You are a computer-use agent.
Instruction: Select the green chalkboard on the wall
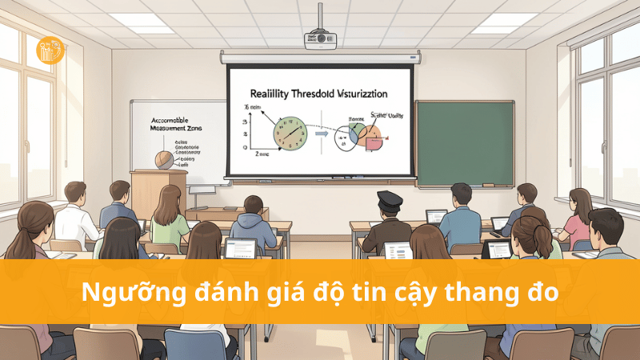[464, 143]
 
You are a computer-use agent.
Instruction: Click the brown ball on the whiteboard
[163, 158]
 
